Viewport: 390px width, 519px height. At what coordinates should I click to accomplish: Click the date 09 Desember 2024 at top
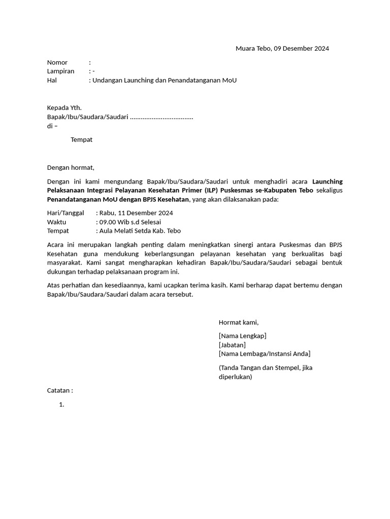point(301,49)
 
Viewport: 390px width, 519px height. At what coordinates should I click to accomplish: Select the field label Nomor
point(57,62)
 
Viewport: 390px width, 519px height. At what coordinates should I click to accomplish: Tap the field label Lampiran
point(61,71)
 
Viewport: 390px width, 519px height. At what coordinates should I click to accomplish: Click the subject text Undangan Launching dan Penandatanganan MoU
point(164,80)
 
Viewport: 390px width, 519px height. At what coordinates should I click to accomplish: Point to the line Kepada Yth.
point(64,107)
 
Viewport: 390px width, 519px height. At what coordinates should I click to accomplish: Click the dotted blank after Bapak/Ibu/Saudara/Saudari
point(161,117)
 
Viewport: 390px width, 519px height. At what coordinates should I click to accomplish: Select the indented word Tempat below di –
point(81,139)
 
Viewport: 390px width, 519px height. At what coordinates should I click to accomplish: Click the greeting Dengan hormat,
point(71,167)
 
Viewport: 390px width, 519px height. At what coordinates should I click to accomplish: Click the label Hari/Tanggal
point(66,213)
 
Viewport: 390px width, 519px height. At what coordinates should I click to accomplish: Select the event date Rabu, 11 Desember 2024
point(136,213)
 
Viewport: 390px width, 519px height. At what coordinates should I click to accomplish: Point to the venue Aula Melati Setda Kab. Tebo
point(140,231)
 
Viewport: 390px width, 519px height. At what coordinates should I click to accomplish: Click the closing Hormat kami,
point(239,322)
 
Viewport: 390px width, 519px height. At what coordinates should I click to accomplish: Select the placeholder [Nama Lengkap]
point(242,336)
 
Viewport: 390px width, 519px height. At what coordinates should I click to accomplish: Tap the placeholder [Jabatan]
point(232,345)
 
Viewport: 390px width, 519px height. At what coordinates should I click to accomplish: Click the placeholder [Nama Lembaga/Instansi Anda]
point(265,353)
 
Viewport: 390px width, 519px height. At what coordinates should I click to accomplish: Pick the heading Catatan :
point(60,390)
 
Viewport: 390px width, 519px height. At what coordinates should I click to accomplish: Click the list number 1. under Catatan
point(61,404)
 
